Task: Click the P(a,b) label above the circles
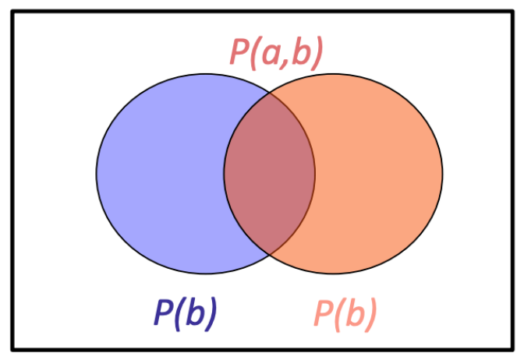point(276,53)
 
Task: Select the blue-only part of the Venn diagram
point(161,174)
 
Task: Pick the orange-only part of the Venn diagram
point(377,174)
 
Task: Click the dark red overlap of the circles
point(269,174)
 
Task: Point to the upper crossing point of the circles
point(270,93)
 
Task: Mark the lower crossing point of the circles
point(270,255)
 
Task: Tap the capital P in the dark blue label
point(163,312)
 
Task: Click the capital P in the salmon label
point(323,312)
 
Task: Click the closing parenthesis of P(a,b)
point(318,53)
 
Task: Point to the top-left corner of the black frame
point(12,12)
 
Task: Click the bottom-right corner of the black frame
point(512,350)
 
